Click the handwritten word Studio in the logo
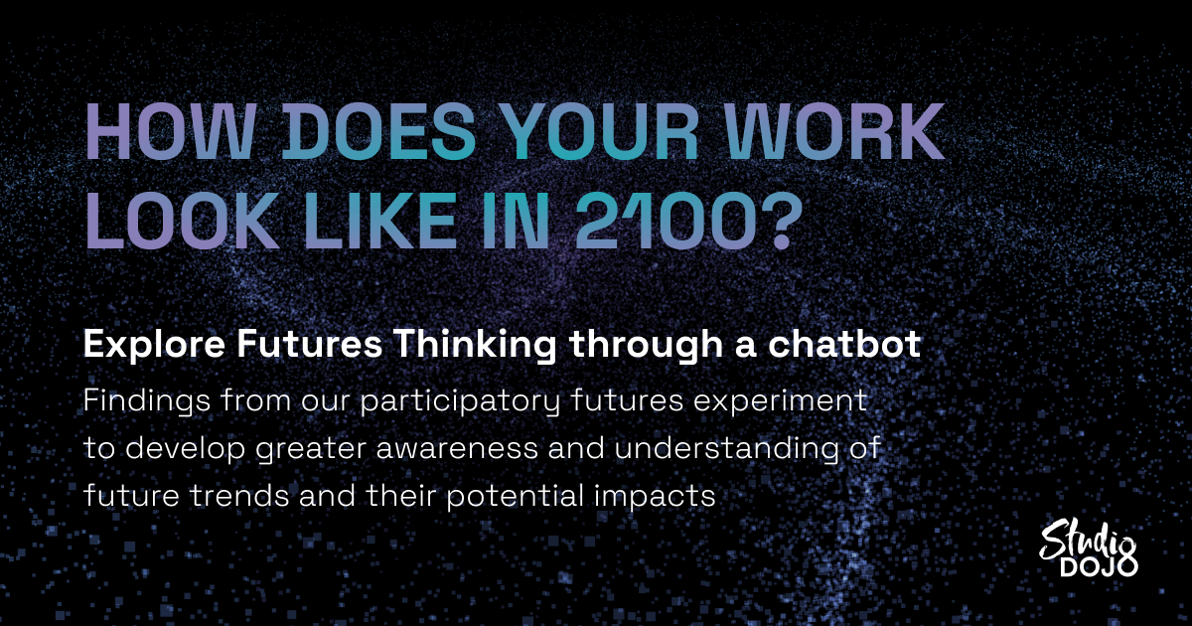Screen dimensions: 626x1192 (x=1086, y=543)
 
